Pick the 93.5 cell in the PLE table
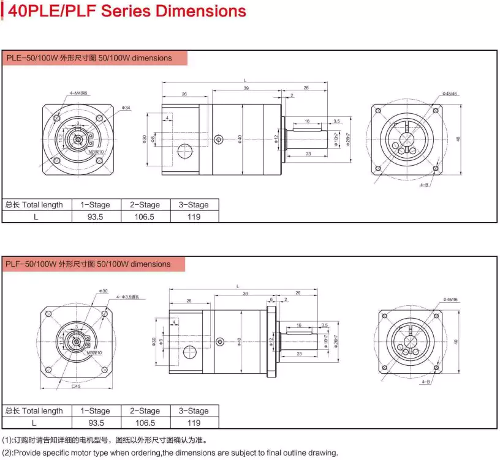[x=96, y=217]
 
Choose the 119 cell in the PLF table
[x=194, y=423]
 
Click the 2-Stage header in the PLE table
[x=145, y=205]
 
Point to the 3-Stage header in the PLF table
[x=194, y=411]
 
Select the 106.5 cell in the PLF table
[x=145, y=423]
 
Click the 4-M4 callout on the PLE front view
[x=78, y=93]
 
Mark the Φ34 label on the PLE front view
[x=127, y=108]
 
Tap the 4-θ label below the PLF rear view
[x=425, y=382]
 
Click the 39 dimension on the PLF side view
[x=245, y=294]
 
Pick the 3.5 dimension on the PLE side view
[x=336, y=121]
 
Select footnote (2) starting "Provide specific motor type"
[x=170, y=453]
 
